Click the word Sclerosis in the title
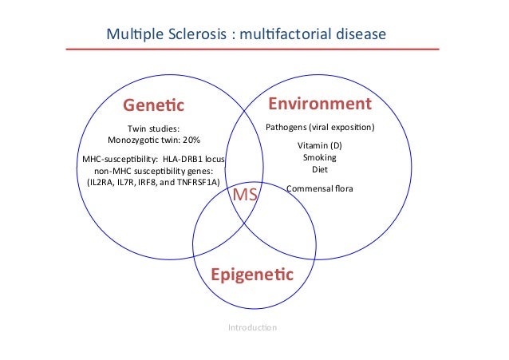(x=195, y=34)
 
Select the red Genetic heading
(x=153, y=105)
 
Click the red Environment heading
(x=319, y=105)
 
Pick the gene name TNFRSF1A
(x=192, y=181)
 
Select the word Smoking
(x=319, y=158)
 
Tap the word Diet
(x=319, y=169)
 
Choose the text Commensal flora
(x=319, y=188)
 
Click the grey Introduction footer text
(x=252, y=327)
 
